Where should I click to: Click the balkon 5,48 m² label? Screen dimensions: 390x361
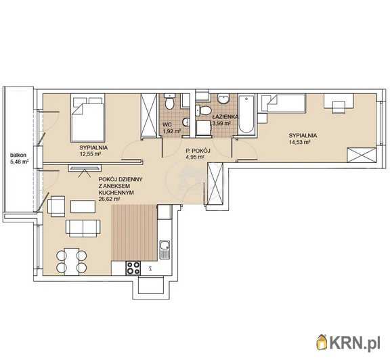pyautogui.click(x=19, y=158)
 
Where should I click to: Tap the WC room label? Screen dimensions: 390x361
pyautogui.click(x=167, y=124)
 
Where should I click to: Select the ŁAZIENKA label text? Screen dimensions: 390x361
pyautogui.click(x=225, y=116)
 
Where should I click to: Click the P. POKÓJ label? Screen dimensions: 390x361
pyautogui.click(x=198, y=150)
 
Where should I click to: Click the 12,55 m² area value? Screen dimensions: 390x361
pyautogui.click(x=90, y=154)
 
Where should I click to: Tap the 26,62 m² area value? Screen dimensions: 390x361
pyautogui.click(x=110, y=199)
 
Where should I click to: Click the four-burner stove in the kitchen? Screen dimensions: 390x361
pyautogui.click(x=133, y=268)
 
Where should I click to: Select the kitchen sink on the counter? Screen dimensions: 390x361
pyautogui.click(x=165, y=249)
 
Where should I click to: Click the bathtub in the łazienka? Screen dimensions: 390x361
pyautogui.click(x=246, y=115)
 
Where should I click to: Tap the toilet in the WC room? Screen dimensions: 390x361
pyautogui.click(x=170, y=101)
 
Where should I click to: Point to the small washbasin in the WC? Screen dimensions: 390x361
pyautogui.click(x=186, y=122)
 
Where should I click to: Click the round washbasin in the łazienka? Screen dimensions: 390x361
pyautogui.click(x=223, y=99)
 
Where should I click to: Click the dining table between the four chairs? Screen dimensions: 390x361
pyautogui.click(x=72, y=262)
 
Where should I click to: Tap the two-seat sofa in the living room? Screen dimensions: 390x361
pyautogui.click(x=83, y=228)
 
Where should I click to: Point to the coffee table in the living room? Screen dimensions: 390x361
pyautogui.click(x=83, y=207)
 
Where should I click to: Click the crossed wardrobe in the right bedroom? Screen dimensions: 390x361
pyautogui.click(x=362, y=155)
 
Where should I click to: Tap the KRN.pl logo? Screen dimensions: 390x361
pyautogui.click(x=348, y=343)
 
